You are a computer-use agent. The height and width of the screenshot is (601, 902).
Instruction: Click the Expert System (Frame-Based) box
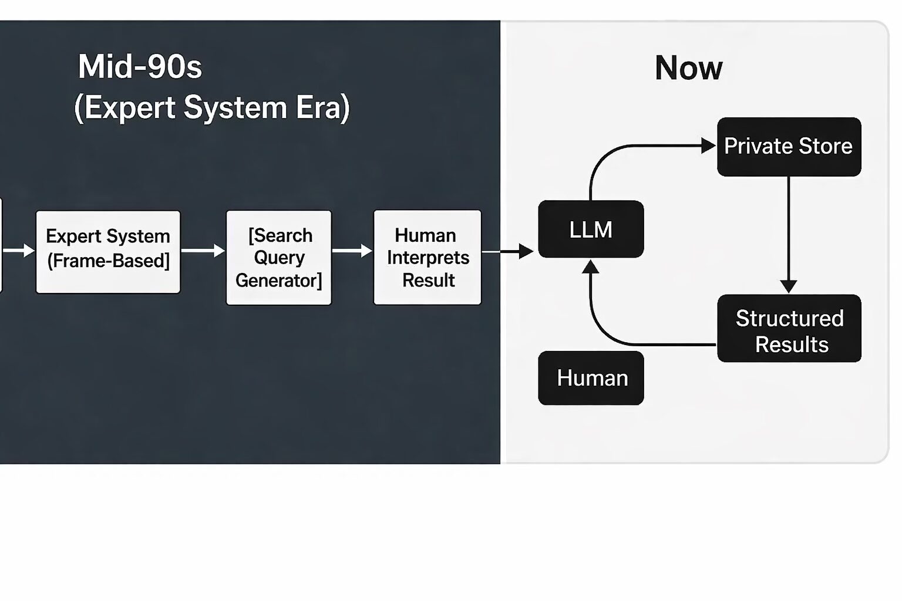[x=108, y=251]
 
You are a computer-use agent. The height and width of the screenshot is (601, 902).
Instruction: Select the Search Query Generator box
[x=278, y=258]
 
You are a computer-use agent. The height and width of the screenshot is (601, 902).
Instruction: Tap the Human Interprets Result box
[x=428, y=258]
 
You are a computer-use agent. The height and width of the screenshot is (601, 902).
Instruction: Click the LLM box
[x=591, y=229]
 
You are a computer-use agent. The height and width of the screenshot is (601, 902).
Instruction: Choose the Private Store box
[x=789, y=146]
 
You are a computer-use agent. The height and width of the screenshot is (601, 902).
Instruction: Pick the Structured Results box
[x=789, y=328]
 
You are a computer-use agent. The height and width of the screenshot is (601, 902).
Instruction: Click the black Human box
[x=591, y=378]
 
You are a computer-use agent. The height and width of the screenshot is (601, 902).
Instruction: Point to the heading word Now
[x=688, y=68]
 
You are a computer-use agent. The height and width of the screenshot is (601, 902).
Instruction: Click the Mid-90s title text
[x=140, y=66]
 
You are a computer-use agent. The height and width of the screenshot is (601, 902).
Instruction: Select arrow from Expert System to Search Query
[x=203, y=251]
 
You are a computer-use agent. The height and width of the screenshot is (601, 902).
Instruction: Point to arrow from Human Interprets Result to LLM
[x=509, y=252]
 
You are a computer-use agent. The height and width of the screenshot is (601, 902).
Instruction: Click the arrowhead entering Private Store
[x=708, y=146]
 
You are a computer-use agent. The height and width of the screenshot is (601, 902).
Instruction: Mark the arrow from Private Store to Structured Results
[x=789, y=235]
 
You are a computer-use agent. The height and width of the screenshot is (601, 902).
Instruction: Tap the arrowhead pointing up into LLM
[x=591, y=268]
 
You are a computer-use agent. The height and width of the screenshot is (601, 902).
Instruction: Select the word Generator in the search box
[x=278, y=281]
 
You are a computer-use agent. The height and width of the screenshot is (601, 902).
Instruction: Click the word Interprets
[x=428, y=258]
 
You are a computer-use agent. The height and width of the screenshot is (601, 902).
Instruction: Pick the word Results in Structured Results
[x=792, y=345]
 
